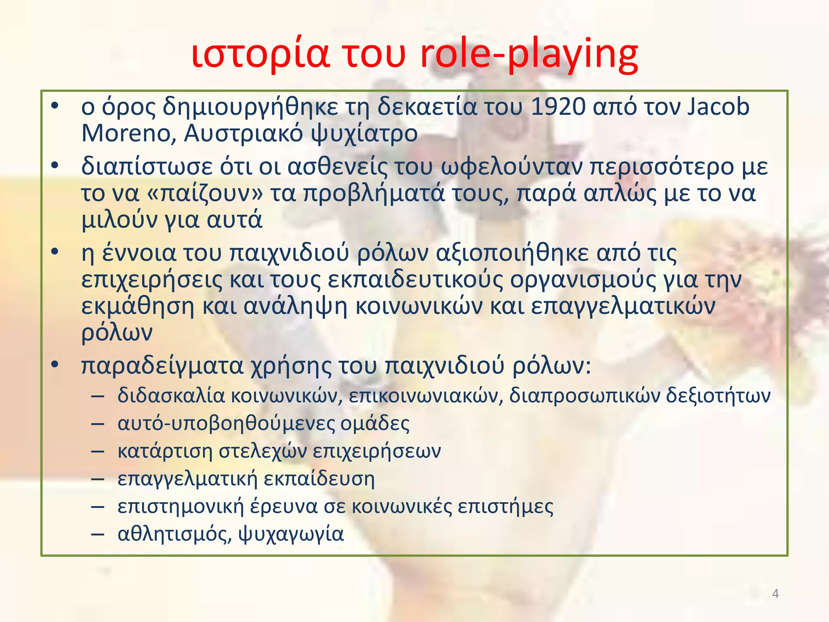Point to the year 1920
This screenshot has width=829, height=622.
(558, 107)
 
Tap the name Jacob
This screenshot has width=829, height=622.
(718, 107)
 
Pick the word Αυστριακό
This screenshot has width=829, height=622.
(243, 133)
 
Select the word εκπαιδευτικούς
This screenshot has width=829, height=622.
(415, 280)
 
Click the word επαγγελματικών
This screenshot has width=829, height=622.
(623, 307)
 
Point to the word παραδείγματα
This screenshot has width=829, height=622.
(162, 366)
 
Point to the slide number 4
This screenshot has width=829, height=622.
(775, 594)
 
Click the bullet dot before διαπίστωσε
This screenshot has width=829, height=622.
(55, 165)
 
